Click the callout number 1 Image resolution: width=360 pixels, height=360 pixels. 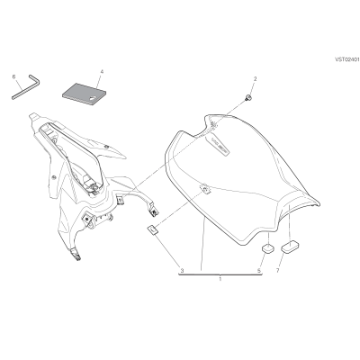coord(220,279)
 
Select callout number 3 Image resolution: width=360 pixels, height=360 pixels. coord(182,271)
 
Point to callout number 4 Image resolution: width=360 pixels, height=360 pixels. coord(102,72)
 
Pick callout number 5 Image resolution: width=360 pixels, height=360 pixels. coord(259,271)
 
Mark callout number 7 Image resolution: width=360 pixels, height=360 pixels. coord(277,271)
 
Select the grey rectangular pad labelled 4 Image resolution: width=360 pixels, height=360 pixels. coord(84,94)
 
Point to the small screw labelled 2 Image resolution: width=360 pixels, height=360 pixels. coord(248,97)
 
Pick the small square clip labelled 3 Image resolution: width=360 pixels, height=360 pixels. coord(153,230)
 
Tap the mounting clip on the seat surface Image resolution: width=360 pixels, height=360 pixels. coord(205,189)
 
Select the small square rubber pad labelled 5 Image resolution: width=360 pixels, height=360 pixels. coord(268,247)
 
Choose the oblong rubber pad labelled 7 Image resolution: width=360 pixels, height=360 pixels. coord(290,247)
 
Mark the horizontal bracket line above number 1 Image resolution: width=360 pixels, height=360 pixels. coord(220,274)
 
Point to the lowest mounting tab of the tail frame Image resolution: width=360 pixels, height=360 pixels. coord(76,254)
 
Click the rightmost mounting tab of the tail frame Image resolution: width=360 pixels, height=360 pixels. coord(154,211)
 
